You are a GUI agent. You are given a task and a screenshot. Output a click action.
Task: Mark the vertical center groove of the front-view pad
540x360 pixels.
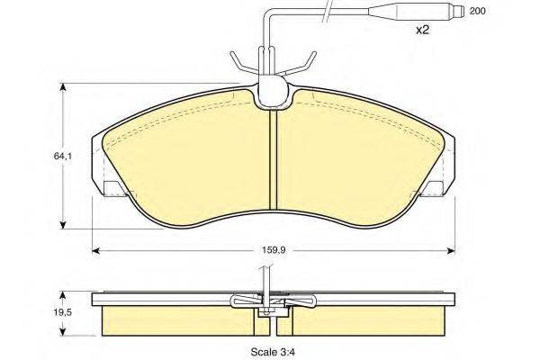(x=273, y=162)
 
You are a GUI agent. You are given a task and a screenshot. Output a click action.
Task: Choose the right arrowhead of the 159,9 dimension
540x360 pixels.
(x=449, y=249)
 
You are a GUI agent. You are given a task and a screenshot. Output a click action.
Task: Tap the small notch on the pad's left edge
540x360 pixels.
(x=114, y=188)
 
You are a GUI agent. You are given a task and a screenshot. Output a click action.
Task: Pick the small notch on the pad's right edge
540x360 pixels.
(x=432, y=188)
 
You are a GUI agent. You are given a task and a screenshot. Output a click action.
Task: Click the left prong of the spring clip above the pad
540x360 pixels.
(x=238, y=63)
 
